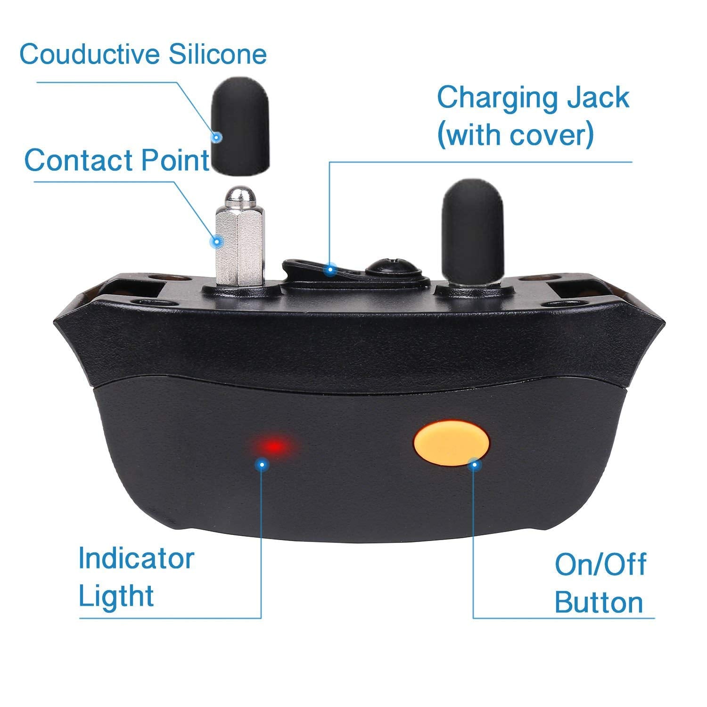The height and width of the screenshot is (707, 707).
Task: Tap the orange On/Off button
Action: [451, 444]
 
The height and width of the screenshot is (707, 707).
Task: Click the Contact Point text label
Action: [116, 160]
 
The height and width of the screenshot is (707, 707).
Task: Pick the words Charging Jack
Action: [533, 98]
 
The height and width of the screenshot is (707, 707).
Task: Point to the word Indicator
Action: [136, 558]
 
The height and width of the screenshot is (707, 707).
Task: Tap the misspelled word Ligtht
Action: [116, 595]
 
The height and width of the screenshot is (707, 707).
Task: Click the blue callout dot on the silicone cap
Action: [216, 138]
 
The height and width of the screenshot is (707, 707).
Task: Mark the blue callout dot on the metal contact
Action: [217, 242]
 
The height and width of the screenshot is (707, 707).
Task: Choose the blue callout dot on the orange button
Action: [475, 465]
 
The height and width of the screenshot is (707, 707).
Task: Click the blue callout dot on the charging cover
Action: [331, 270]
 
